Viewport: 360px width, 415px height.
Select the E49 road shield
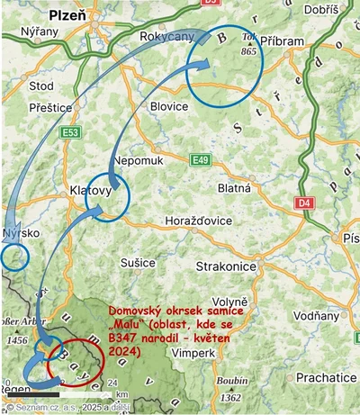[202, 160]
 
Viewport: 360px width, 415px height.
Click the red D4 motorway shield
[304, 203]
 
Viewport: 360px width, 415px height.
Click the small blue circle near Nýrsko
[15, 257]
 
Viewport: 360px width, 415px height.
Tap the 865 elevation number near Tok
[249, 51]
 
